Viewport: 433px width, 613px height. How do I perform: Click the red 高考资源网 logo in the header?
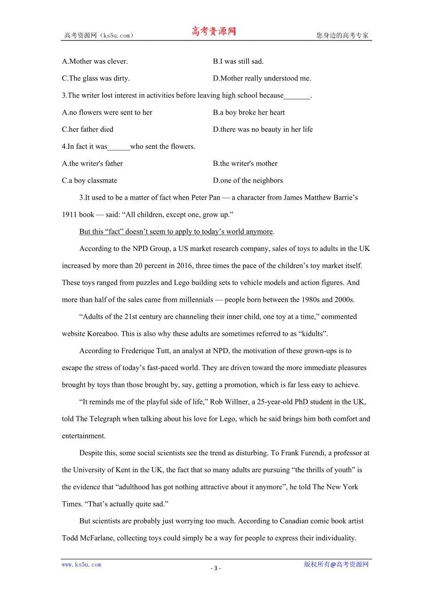[214, 32]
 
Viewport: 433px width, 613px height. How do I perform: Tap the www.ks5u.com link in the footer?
[81, 565]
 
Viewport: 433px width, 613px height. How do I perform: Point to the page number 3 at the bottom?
[216, 568]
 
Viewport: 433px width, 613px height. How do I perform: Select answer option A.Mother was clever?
[95, 61]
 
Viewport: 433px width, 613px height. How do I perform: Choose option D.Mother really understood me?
[262, 78]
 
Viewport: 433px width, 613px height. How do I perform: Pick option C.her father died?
[88, 129]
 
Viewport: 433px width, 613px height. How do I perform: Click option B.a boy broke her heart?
[249, 113]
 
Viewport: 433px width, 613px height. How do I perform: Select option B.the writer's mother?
[245, 163]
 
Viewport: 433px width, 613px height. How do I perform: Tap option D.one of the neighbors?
[248, 180]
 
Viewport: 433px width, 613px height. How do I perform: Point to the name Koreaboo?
[103, 334]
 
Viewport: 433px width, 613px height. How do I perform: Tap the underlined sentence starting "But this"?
[176, 232]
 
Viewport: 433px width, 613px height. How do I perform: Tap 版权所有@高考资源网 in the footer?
[336, 565]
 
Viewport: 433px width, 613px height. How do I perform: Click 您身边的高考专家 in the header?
[343, 35]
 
